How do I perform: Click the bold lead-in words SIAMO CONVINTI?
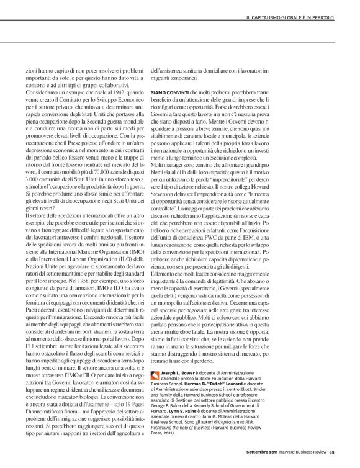click(167, 91)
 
